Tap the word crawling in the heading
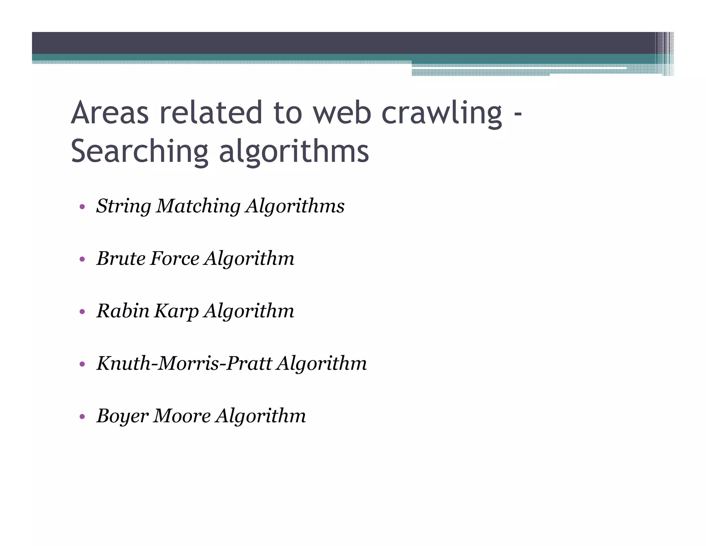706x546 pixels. tap(442, 113)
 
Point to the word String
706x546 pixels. tap(123, 206)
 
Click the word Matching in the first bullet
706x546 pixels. tap(198, 206)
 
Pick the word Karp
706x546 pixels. tap(176, 311)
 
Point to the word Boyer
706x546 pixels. tap(122, 416)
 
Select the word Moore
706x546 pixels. tap(182, 416)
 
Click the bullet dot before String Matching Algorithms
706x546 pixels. tap(82, 207)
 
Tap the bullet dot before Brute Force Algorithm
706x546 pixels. tap(82, 259)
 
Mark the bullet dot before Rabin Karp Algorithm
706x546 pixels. tap(82, 312)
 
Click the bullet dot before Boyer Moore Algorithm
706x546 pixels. tap(82, 417)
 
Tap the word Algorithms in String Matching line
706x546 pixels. tap(295, 206)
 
